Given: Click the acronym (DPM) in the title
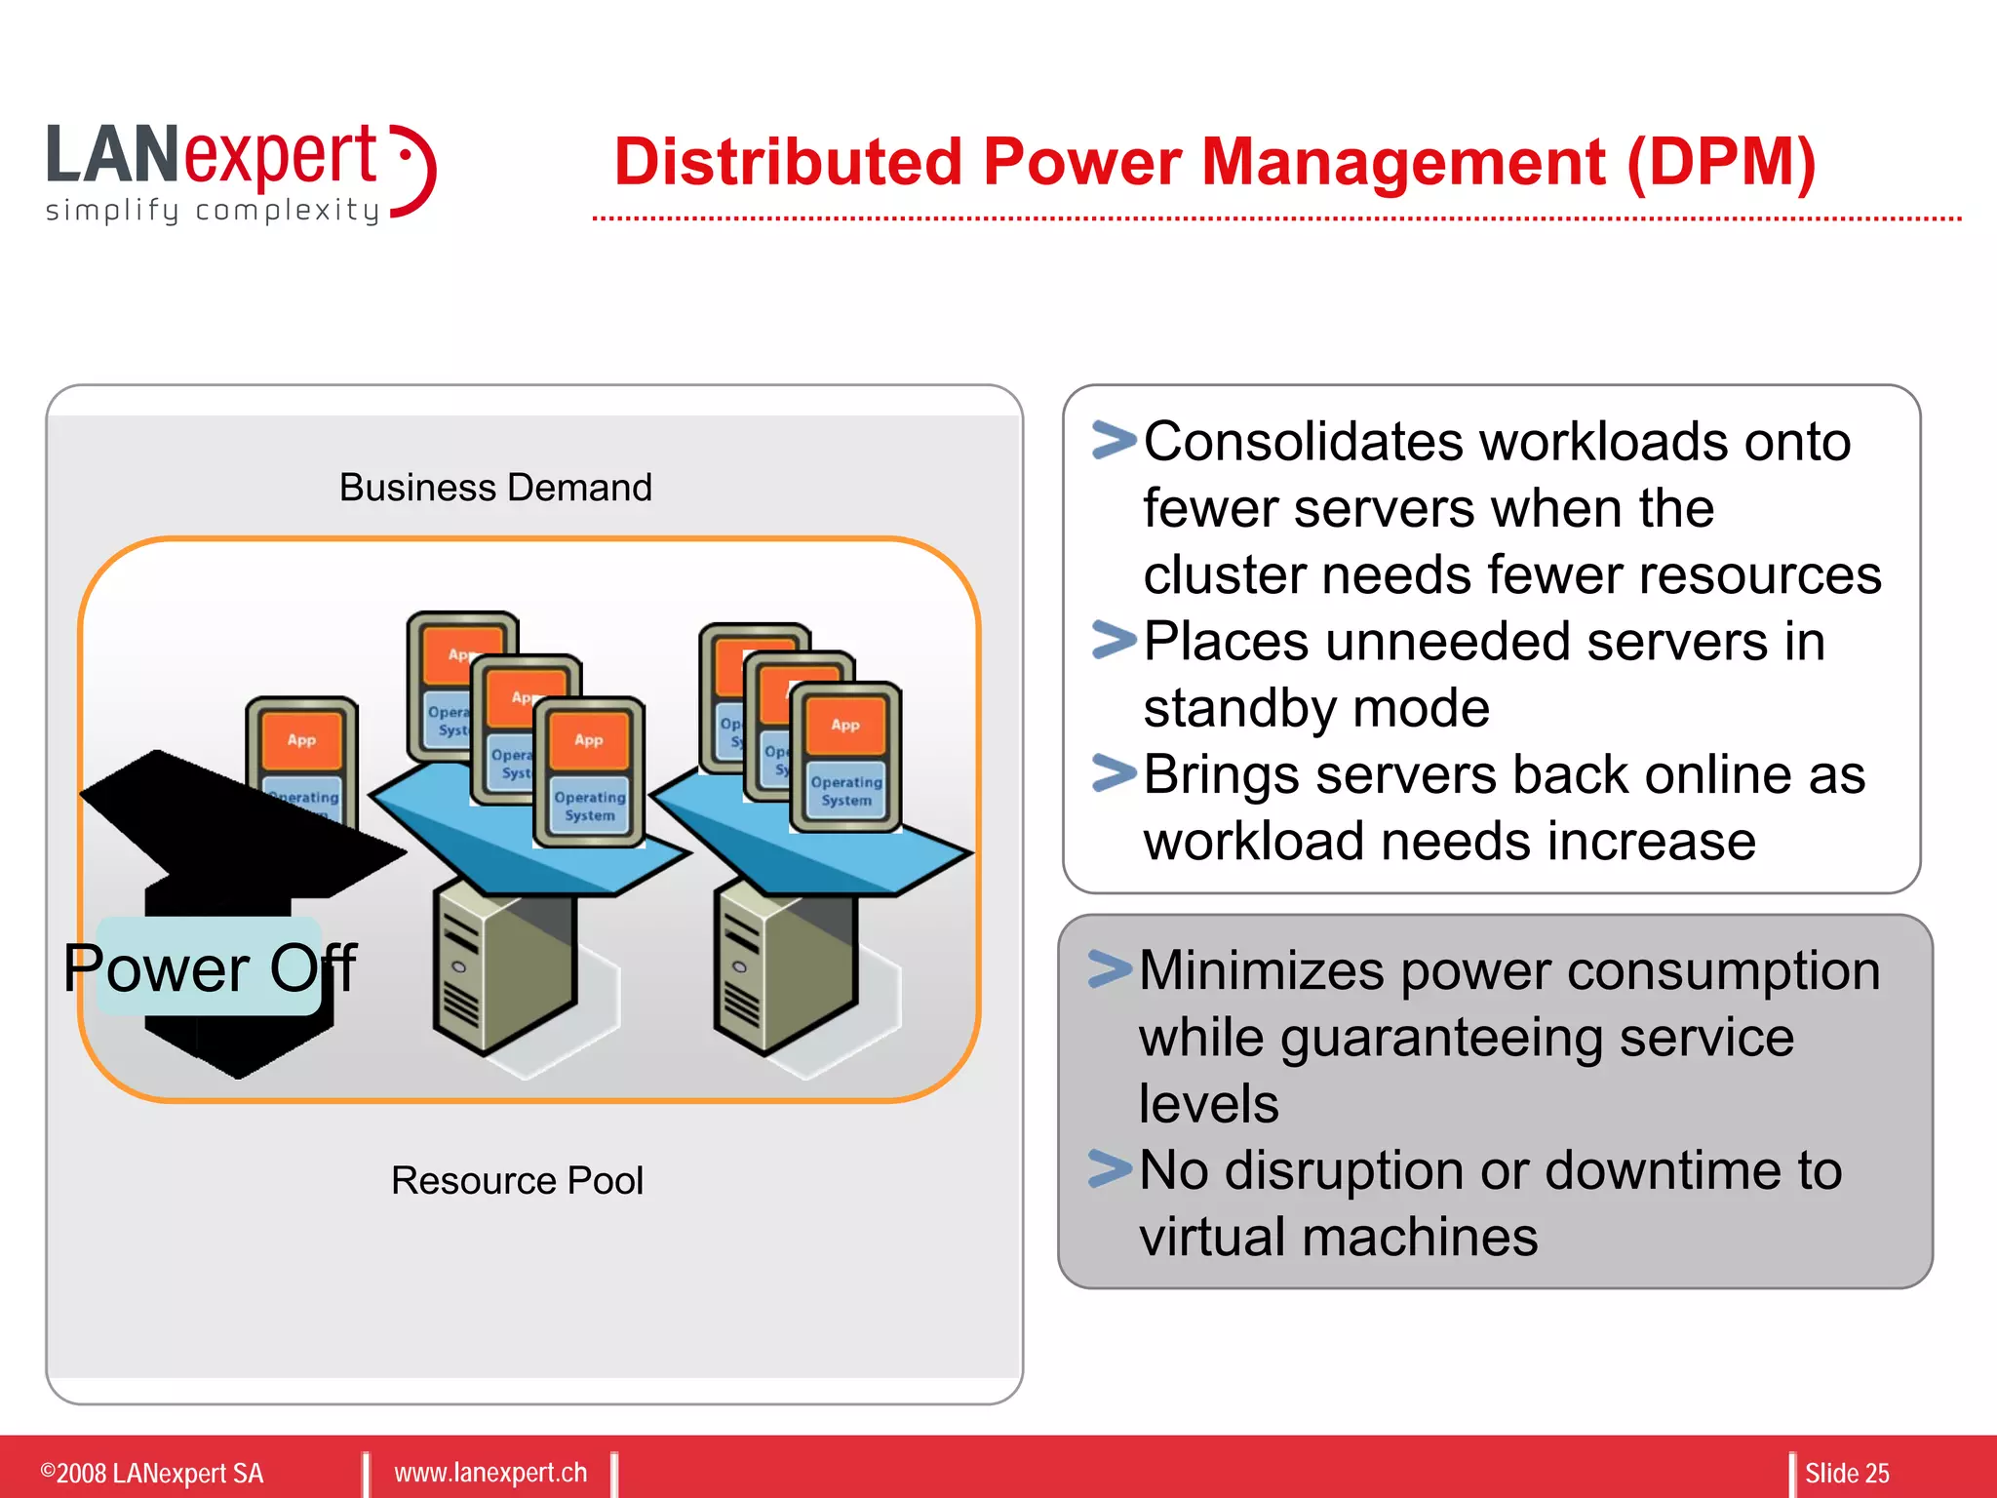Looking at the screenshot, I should click(x=1720, y=162).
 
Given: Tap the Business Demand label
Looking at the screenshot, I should click(x=495, y=488).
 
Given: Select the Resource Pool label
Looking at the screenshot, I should click(x=517, y=1181).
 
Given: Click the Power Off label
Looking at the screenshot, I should click(x=210, y=967).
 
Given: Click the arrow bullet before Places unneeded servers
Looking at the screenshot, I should click(x=1115, y=640).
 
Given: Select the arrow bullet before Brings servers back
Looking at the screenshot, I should click(x=1115, y=773).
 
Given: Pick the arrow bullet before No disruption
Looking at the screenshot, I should click(x=1110, y=1169).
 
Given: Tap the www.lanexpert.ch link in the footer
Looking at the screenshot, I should click(x=490, y=1473).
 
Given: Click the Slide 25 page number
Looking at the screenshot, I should click(x=1847, y=1473).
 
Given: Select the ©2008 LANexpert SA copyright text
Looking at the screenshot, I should click(x=152, y=1473).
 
